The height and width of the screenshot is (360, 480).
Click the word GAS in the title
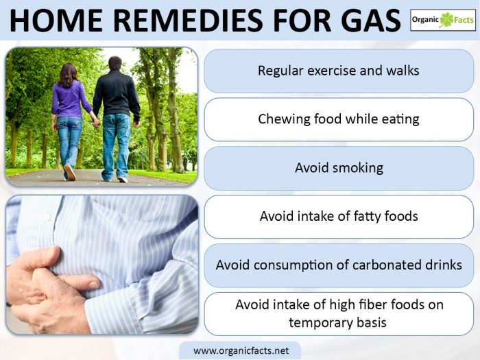(x=370, y=21)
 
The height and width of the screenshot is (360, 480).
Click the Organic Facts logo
(x=443, y=20)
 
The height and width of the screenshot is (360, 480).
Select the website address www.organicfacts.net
(x=241, y=350)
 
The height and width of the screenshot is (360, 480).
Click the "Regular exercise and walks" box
(x=339, y=71)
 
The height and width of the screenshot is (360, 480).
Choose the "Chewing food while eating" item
(x=339, y=119)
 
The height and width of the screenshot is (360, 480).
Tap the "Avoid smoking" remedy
(x=339, y=168)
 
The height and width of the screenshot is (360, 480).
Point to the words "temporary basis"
(x=337, y=323)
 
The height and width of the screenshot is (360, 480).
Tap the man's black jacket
(x=117, y=93)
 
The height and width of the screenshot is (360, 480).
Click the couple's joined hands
(x=96, y=122)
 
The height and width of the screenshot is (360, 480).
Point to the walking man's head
(x=115, y=63)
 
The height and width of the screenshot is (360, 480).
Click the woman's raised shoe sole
(x=70, y=172)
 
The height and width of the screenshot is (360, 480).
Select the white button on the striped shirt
(x=48, y=217)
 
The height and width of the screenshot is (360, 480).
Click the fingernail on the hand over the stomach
(x=93, y=285)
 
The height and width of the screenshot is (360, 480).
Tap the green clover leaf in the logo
(x=446, y=20)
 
